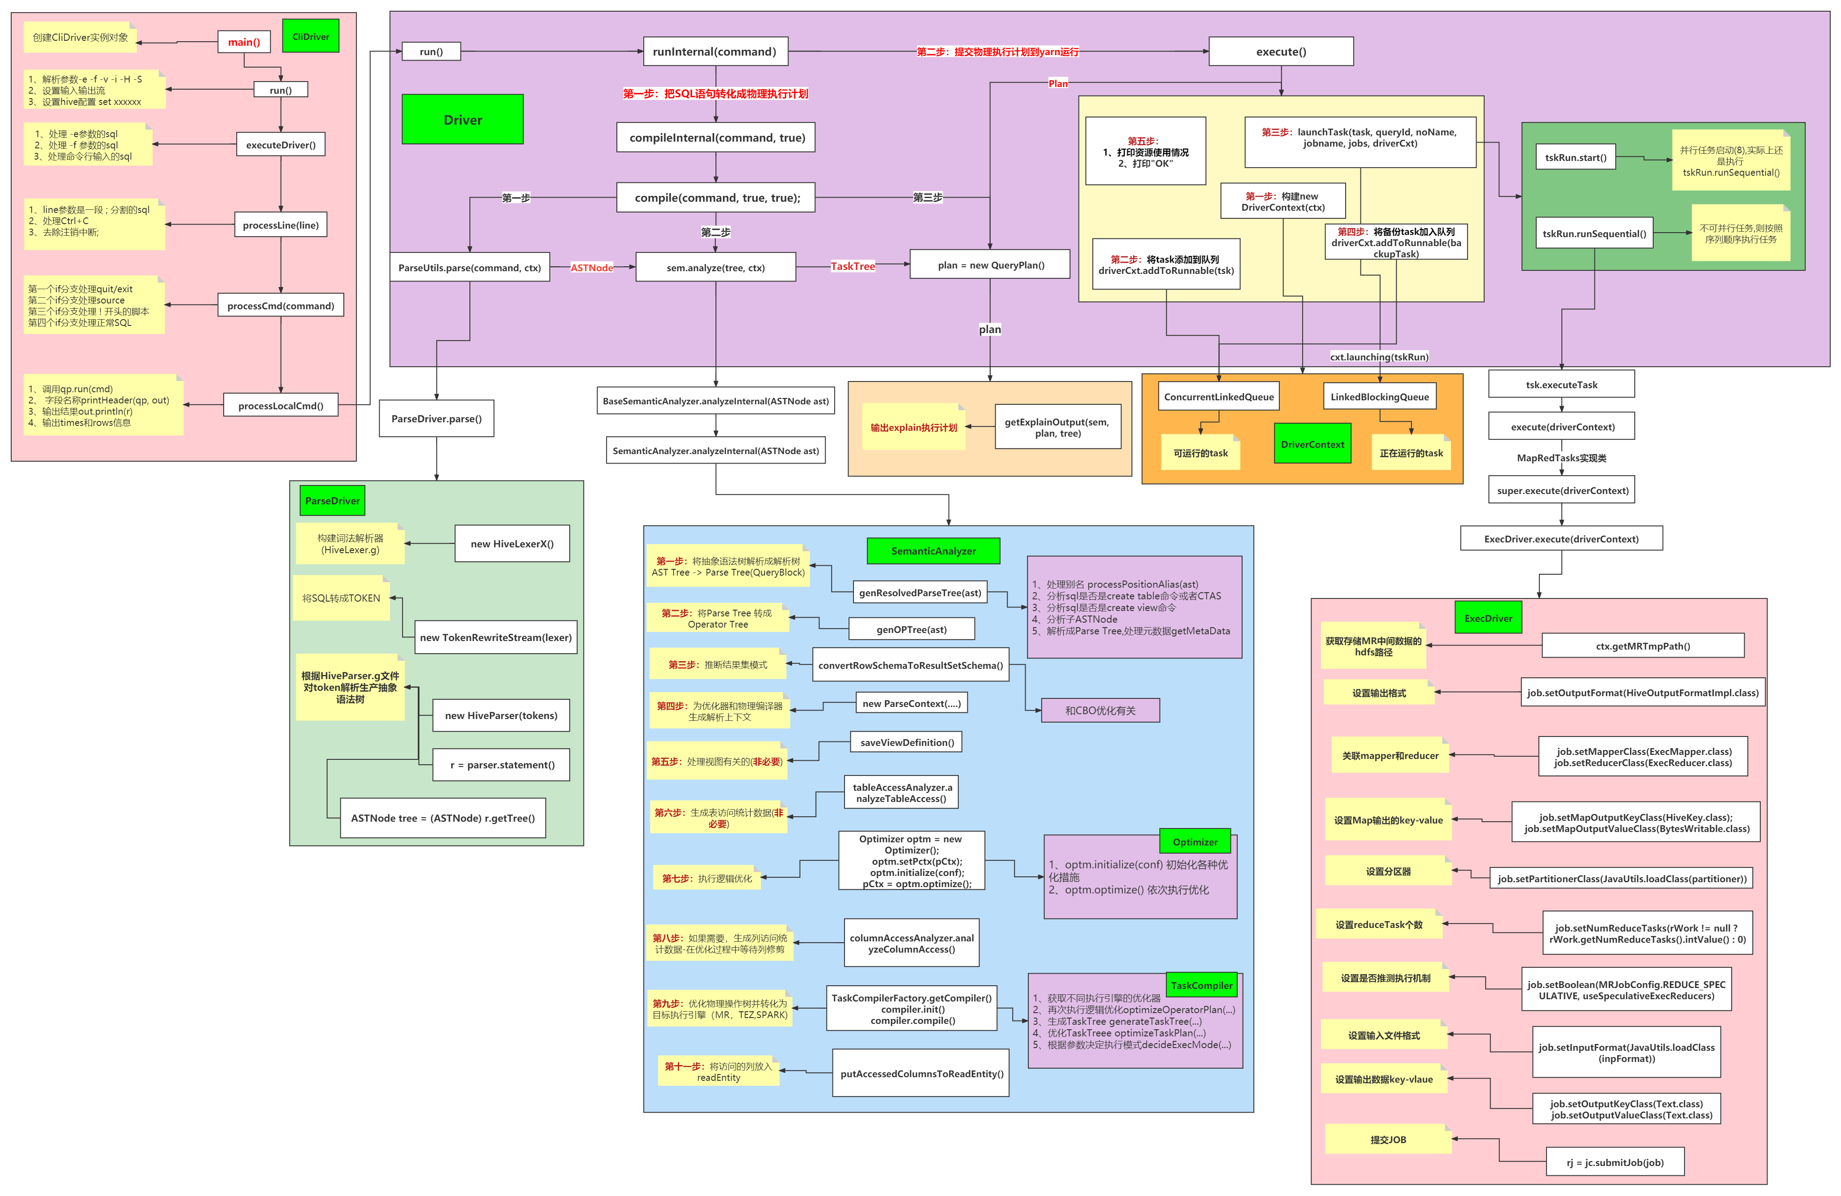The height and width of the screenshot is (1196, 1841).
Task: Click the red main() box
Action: (244, 42)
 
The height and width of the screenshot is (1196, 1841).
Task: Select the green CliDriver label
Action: (310, 36)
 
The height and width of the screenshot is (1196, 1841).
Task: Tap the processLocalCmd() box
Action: (281, 405)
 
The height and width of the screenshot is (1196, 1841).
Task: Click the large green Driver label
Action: (463, 120)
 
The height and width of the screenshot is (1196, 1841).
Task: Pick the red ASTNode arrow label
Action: (592, 268)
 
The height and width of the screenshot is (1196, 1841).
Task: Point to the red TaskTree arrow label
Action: (853, 266)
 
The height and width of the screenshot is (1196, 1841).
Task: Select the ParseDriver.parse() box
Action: (436, 419)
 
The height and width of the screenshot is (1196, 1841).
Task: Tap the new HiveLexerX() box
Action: (512, 544)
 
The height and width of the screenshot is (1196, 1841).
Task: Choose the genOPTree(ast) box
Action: (911, 629)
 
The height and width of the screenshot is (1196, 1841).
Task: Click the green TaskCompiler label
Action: (1201, 985)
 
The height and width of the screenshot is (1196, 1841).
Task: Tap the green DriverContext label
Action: (1312, 444)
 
